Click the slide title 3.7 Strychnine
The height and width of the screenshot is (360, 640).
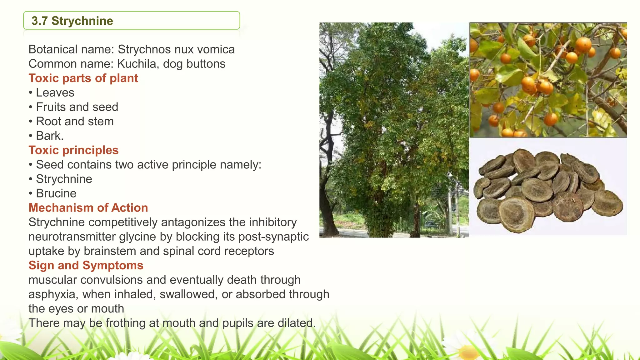click(x=72, y=21)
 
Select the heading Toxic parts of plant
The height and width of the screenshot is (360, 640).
click(x=83, y=78)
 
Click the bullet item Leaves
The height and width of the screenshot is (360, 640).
click(x=55, y=92)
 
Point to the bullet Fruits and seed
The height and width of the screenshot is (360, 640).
click(x=77, y=107)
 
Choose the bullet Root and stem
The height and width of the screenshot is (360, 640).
click(x=75, y=121)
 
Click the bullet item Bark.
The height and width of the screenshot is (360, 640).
click(x=50, y=136)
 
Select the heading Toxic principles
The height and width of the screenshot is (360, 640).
click(x=73, y=150)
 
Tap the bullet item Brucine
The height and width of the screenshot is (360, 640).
click(x=56, y=193)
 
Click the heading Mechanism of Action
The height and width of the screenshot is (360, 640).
click(x=88, y=208)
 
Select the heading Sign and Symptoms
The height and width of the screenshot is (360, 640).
click(x=86, y=265)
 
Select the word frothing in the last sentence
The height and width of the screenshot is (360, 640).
click(x=125, y=323)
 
